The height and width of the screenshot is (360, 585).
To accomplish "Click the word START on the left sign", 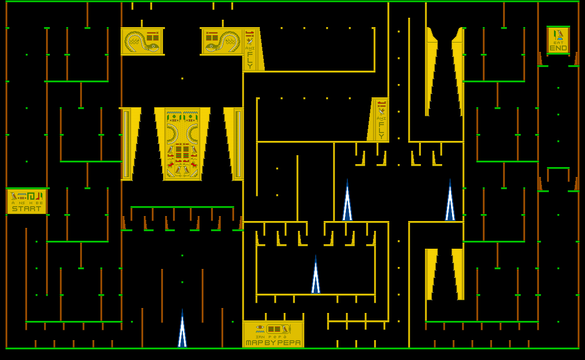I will (27, 209).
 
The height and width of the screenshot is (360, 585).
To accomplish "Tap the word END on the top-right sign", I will (558, 48).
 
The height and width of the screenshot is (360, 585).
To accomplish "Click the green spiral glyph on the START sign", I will (31, 196).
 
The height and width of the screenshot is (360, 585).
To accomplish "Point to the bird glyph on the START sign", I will (13, 196).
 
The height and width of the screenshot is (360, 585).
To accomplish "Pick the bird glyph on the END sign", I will (558, 35).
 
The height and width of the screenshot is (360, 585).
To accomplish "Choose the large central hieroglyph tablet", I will (182, 144).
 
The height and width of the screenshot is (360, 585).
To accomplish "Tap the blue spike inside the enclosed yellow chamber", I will (316, 276).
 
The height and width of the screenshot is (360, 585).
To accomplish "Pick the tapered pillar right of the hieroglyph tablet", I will (233, 143).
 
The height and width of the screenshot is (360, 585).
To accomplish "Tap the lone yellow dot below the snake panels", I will (182, 78).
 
